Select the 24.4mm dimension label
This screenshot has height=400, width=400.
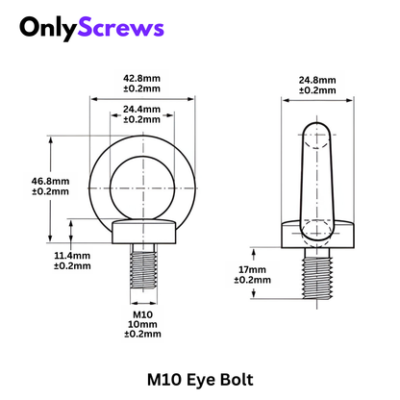tap(141, 110)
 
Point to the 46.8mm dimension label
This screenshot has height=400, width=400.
tap(50, 180)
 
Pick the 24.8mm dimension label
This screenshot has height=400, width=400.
tap(316, 80)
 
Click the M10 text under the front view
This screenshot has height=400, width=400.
tap(141, 313)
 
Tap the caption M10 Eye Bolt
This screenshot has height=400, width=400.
tap(199, 379)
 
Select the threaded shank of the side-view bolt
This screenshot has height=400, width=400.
tap(316, 272)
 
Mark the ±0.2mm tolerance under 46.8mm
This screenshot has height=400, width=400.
tap(50, 190)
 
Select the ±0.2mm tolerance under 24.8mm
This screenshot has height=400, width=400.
tap(316, 90)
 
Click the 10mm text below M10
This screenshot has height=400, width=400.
tap(141, 324)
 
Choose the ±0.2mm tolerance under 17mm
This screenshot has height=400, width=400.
tap(251, 281)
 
